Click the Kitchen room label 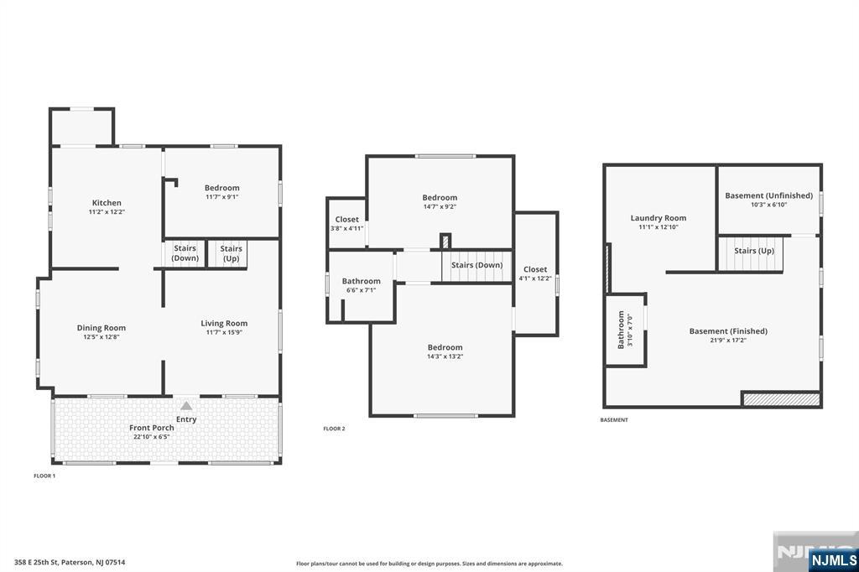click(107, 203)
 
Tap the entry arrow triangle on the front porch click(186, 406)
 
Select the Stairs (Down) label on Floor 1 click(185, 253)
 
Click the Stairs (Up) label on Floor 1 click(232, 253)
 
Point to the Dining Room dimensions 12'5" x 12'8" click(102, 337)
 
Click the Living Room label click(224, 323)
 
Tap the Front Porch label click(152, 428)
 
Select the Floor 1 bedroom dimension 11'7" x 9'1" click(221, 197)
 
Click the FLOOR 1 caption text click(44, 476)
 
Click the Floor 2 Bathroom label click(361, 281)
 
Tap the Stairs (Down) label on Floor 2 click(477, 265)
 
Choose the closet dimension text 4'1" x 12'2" click(535, 278)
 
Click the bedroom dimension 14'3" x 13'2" click(445, 356)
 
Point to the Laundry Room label click(658, 217)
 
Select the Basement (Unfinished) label click(768, 195)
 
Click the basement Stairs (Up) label click(754, 251)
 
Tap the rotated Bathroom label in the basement click(621, 330)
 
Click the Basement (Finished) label click(728, 331)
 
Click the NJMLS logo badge click(833, 559)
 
